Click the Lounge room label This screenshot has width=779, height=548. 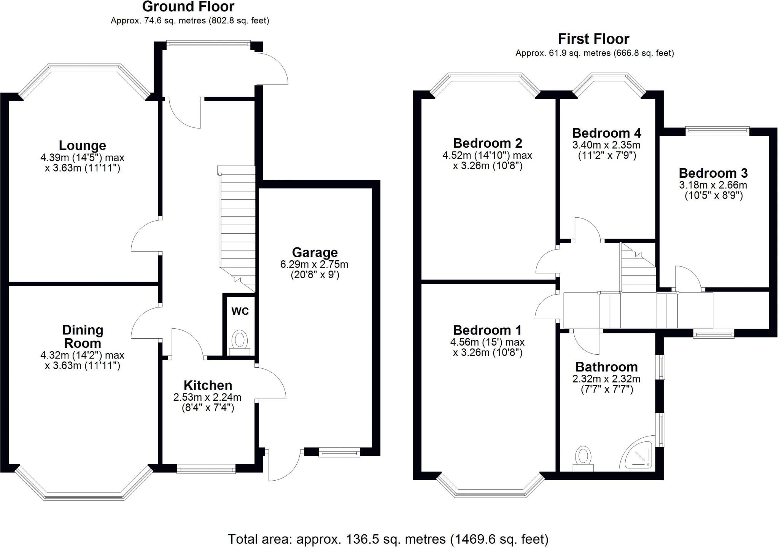pos(82,145)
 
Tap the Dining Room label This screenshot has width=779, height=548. pos(83,336)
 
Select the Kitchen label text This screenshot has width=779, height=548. pos(208,385)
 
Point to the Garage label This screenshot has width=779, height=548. pos(315,252)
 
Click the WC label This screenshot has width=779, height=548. pos(240,311)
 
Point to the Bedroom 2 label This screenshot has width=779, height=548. pos(487,143)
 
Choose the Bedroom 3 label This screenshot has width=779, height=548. pos(713,173)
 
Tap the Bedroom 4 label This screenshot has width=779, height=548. pos(607,133)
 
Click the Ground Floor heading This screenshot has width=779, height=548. pos(188,7)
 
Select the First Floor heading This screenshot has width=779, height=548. pos(593,39)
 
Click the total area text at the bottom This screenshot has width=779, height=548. pos(388,539)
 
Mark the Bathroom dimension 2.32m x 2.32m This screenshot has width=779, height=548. pos(606,379)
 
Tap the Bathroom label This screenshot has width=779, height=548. pos(606,367)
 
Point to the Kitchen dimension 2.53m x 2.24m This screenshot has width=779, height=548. pos(207,397)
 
